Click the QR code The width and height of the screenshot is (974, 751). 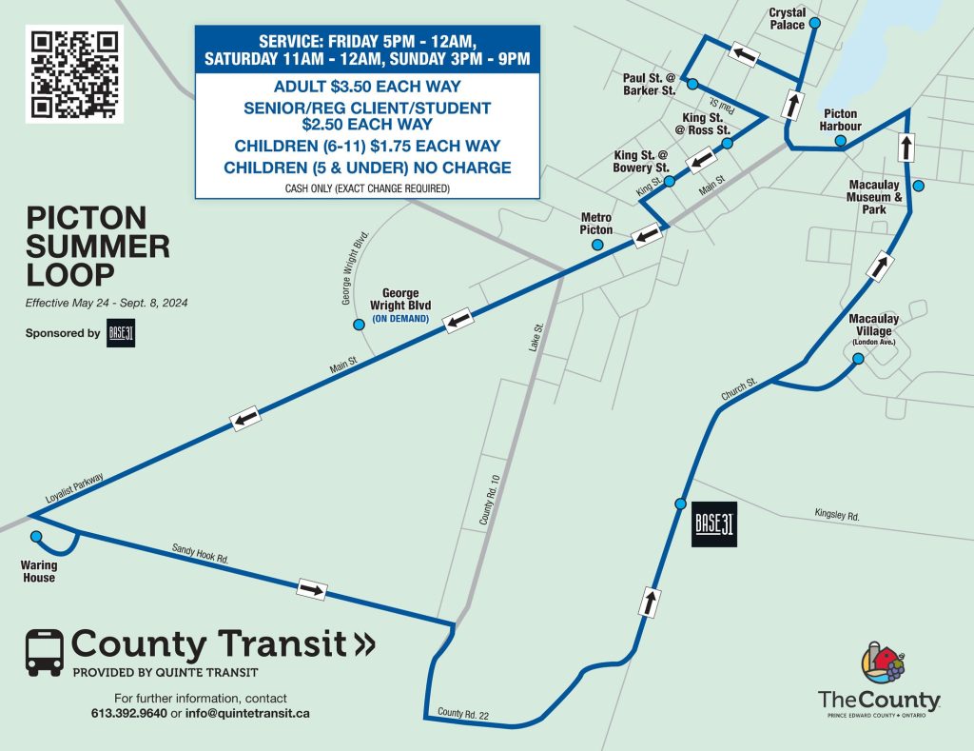tap(76, 75)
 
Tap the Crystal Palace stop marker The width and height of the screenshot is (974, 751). tap(814, 22)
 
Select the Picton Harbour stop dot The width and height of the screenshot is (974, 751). tap(841, 142)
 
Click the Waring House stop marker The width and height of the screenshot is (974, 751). tap(36, 537)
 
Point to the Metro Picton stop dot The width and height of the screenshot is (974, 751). tap(597, 245)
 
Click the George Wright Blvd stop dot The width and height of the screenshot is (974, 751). tap(359, 325)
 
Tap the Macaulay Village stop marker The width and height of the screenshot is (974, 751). tap(858, 359)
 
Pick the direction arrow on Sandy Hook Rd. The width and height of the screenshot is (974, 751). tap(311, 589)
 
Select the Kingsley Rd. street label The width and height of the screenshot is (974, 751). tap(836, 515)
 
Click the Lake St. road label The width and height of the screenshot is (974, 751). tap(537, 340)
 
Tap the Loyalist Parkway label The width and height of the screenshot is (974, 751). tap(73, 487)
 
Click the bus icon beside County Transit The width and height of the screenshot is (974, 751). tap(45, 651)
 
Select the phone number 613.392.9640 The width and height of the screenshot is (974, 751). tap(128, 713)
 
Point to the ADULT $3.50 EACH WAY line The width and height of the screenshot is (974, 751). tap(366, 88)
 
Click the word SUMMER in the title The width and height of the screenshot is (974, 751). tap(98, 247)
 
